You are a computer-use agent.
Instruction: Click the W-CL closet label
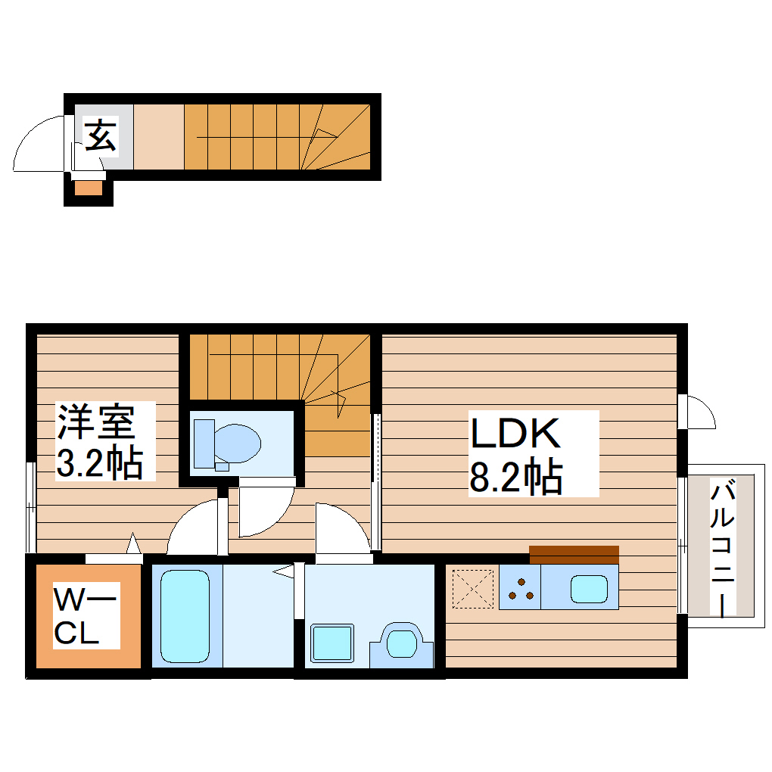pos(86,618)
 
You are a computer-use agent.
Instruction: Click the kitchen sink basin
pos(589,588)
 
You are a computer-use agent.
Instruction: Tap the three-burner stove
pos(520,588)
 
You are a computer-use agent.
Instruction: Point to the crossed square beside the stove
pos(472,588)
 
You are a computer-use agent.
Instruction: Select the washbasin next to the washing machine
pos(402,644)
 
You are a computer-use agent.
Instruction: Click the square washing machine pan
pos(333,644)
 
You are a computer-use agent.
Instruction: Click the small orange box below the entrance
pos(88,188)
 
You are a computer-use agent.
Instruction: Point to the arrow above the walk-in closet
pos(133,543)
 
